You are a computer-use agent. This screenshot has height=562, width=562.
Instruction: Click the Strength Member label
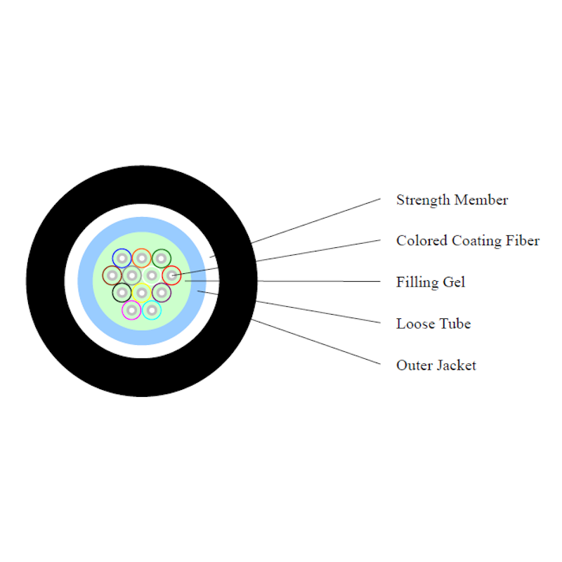point(452,200)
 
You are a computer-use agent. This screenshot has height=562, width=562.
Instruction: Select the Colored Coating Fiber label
point(467,241)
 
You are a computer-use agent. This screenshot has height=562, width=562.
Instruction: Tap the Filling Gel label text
point(431,282)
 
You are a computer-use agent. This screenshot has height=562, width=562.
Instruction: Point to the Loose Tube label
point(433,324)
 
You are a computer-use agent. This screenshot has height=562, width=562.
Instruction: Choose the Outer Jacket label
point(436,365)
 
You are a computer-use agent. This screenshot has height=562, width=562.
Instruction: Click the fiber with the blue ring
point(122,258)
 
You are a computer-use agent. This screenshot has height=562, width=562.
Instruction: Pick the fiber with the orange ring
point(141,258)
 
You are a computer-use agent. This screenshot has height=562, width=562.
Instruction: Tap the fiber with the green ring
point(161,258)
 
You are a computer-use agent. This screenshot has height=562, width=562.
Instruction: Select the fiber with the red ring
point(171,275)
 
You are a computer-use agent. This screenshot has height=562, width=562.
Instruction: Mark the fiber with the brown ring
point(112,275)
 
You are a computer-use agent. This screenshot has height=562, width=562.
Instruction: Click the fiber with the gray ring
point(131,275)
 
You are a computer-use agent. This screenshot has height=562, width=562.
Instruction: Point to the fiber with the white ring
point(151,275)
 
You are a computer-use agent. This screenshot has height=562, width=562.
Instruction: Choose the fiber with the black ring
point(122,292)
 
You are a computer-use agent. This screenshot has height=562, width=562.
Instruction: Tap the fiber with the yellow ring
point(141,292)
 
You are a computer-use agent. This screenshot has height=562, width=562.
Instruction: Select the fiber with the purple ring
point(161,292)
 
